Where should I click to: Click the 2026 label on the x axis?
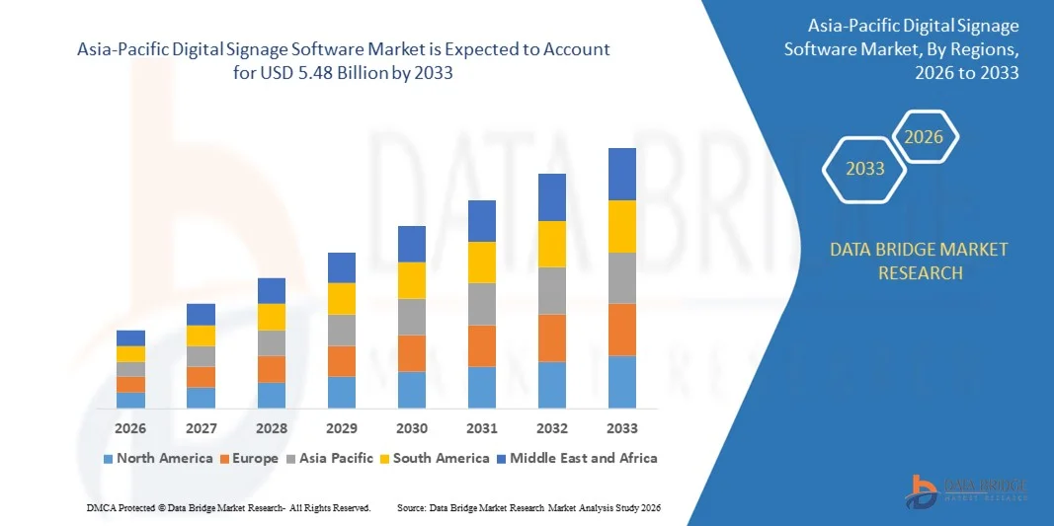(130, 428)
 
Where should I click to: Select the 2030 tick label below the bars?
(412, 428)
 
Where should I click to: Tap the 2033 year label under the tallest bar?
(622, 428)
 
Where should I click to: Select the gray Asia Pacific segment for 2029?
(342, 330)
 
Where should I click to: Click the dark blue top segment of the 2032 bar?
(552, 197)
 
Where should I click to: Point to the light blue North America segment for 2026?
(130, 400)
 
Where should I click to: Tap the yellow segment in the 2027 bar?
(201, 336)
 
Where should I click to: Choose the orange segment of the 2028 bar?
(272, 369)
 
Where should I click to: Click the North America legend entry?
(157, 458)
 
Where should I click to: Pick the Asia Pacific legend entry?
(329, 458)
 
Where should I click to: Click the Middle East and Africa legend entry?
(576, 458)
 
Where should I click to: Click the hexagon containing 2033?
(865, 169)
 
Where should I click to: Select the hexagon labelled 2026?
(925, 137)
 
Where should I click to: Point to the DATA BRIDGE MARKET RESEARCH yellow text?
(919, 261)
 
